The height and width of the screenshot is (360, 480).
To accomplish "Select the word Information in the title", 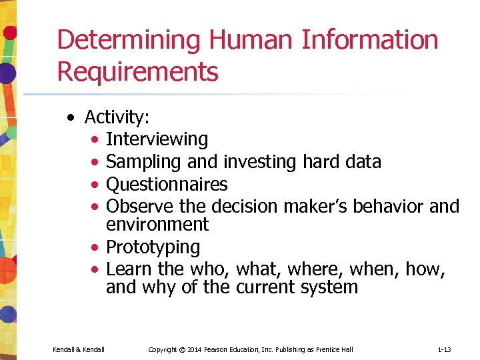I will pyautogui.click(x=370, y=40).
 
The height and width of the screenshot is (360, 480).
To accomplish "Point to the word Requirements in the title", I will pyautogui.click(x=137, y=71).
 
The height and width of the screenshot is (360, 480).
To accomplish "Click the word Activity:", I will pyautogui.click(x=117, y=117).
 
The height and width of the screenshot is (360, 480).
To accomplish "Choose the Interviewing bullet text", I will pyautogui.click(x=157, y=139).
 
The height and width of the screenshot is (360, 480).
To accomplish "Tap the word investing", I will pyautogui.click(x=261, y=162).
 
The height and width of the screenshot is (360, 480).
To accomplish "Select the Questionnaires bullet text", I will pyautogui.click(x=167, y=184).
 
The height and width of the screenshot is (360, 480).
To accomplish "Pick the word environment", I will pyautogui.click(x=157, y=224).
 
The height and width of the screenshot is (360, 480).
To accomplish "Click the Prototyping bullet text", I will pyautogui.click(x=153, y=247).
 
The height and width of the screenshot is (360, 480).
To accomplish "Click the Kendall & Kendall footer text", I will pyautogui.click(x=78, y=349).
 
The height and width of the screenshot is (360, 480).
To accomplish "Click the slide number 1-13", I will pyautogui.click(x=445, y=349).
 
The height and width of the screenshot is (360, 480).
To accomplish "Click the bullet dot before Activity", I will pyautogui.click(x=71, y=118).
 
